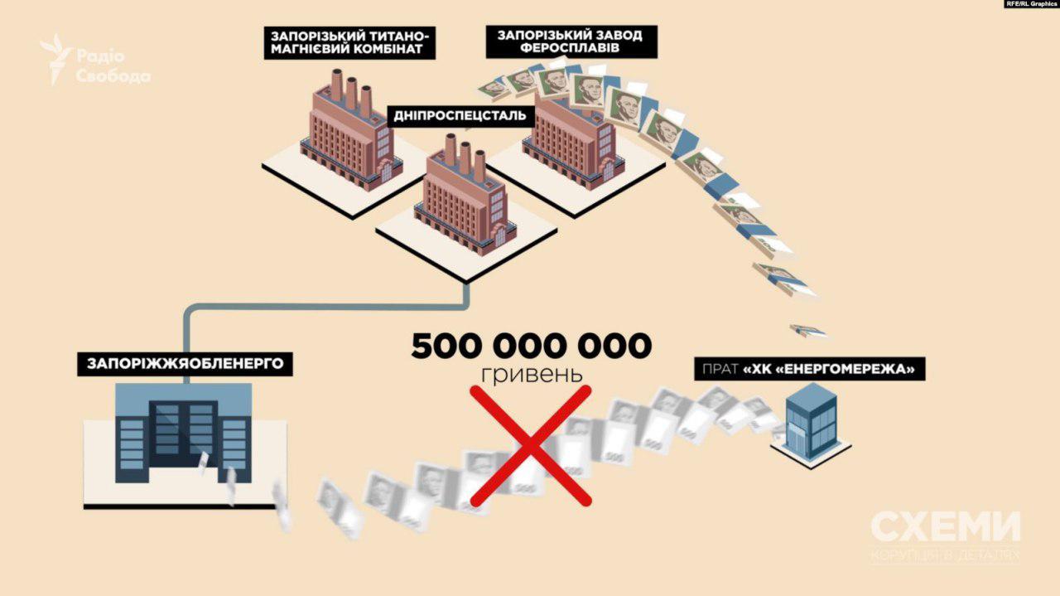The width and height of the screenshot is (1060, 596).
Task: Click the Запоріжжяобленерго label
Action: pos(185,363)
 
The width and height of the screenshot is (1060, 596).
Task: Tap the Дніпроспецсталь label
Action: pos(459,115)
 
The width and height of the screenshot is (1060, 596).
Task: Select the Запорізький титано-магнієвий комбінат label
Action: pos(350,43)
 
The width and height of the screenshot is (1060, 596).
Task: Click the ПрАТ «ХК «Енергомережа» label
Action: pos(809,370)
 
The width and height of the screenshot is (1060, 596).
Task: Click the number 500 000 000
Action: pos(531,346)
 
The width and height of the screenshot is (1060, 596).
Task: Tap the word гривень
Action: pos(532,374)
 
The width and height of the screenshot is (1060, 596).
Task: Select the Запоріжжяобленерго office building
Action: pos(185,439)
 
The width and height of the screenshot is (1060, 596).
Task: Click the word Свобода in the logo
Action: pos(113,76)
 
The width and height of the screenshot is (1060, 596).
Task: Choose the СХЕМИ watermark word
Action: pos(945,527)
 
